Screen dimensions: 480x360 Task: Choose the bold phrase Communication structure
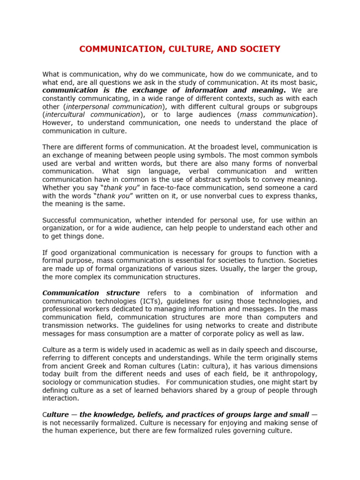pos(91,293)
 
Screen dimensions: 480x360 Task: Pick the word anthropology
pos(295,374)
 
